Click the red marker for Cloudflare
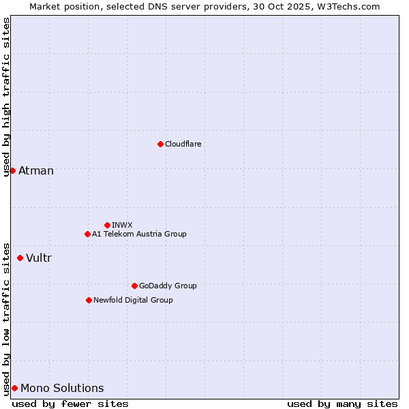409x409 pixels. click(x=160, y=144)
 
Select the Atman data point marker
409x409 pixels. click(x=12, y=170)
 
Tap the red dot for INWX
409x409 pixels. click(x=107, y=225)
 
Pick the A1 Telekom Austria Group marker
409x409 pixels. click(x=87, y=234)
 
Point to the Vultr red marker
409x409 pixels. click(x=20, y=258)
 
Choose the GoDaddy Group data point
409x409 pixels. click(x=134, y=286)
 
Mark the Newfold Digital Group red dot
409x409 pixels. click(x=89, y=300)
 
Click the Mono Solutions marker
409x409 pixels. click(x=14, y=388)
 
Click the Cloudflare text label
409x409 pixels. click(x=183, y=144)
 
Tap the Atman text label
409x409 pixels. click(x=36, y=170)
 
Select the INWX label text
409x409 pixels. click(x=122, y=225)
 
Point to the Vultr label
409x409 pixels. click(x=39, y=258)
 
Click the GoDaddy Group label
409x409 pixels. click(x=168, y=286)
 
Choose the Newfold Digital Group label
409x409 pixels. click(x=133, y=300)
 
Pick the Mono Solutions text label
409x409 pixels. click(x=62, y=388)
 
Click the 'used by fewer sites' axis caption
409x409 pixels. click(x=70, y=404)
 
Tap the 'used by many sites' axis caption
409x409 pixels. click(x=342, y=404)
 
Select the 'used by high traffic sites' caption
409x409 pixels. click(x=6, y=97)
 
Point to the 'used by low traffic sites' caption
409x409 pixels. click(x=6, y=318)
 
